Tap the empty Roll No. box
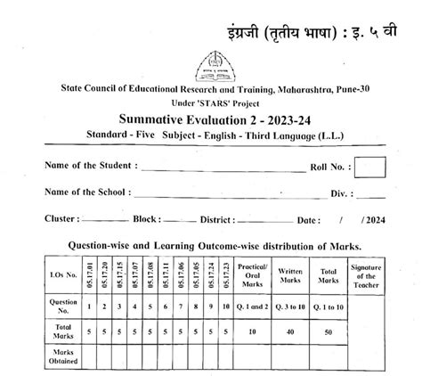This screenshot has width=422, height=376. point(369,168)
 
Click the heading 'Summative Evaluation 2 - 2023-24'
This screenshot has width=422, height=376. point(212,120)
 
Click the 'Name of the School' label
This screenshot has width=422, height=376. point(87,192)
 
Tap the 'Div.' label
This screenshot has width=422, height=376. point(337,193)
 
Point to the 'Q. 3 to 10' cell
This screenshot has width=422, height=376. point(290,307)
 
